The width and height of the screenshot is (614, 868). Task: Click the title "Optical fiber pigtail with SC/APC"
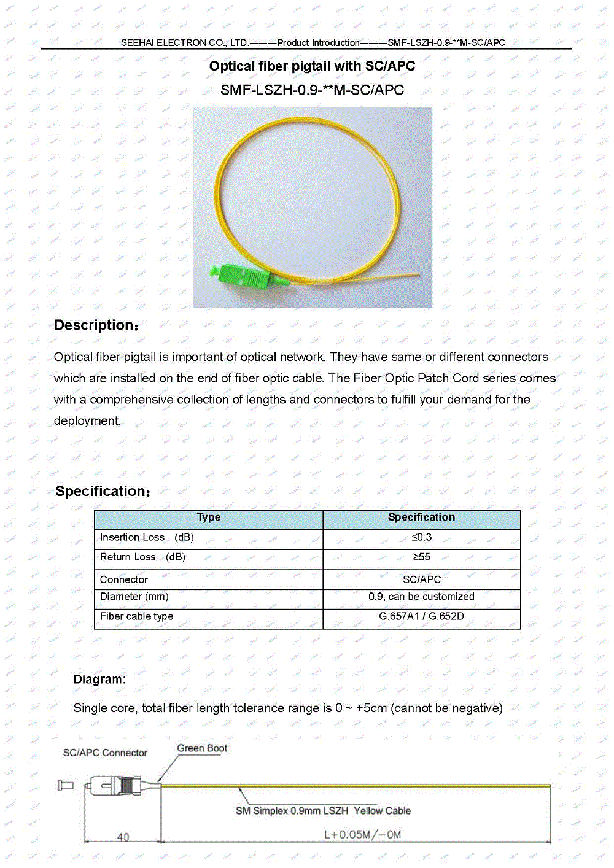pyautogui.click(x=312, y=66)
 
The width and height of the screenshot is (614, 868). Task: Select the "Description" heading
pyautogui.click(x=96, y=325)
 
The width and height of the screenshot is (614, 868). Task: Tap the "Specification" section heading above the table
pyautogui.click(x=103, y=491)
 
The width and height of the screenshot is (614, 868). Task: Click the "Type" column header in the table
pyautogui.click(x=208, y=517)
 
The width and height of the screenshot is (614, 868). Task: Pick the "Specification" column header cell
pyautogui.click(x=421, y=517)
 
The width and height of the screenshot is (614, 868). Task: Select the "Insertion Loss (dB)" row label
pyautogui.click(x=147, y=537)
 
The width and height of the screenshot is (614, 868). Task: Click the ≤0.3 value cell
pyautogui.click(x=421, y=537)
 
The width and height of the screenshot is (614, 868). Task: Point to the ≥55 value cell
pyautogui.click(x=421, y=557)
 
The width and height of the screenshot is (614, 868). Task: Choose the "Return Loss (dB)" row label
pyautogui.click(x=142, y=557)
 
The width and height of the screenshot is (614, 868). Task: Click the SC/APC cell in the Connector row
pyautogui.click(x=421, y=579)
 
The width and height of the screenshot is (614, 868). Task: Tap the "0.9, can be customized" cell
pyautogui.click(x=421, y=596)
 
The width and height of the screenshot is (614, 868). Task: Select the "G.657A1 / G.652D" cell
pyautogui.click(x=421, y=616)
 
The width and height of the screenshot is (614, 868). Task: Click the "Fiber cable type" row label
pyautogui.click(x=136, y=616)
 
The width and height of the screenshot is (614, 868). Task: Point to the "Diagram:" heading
pyautogui.click(x=99, y=680)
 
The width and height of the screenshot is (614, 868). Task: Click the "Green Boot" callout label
pyautogui.click(x=202, y=748)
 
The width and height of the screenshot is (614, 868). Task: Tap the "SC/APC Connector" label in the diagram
pyautogui.click(x=105, y=753)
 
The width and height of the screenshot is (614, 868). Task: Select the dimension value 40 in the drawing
pyautogui.click(x=123, y=837)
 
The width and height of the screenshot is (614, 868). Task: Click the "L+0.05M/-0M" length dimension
pyautogui.click(x=362, y=834)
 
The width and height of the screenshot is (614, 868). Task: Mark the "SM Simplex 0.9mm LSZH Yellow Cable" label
pyautogui.click(x=323, y=811)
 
